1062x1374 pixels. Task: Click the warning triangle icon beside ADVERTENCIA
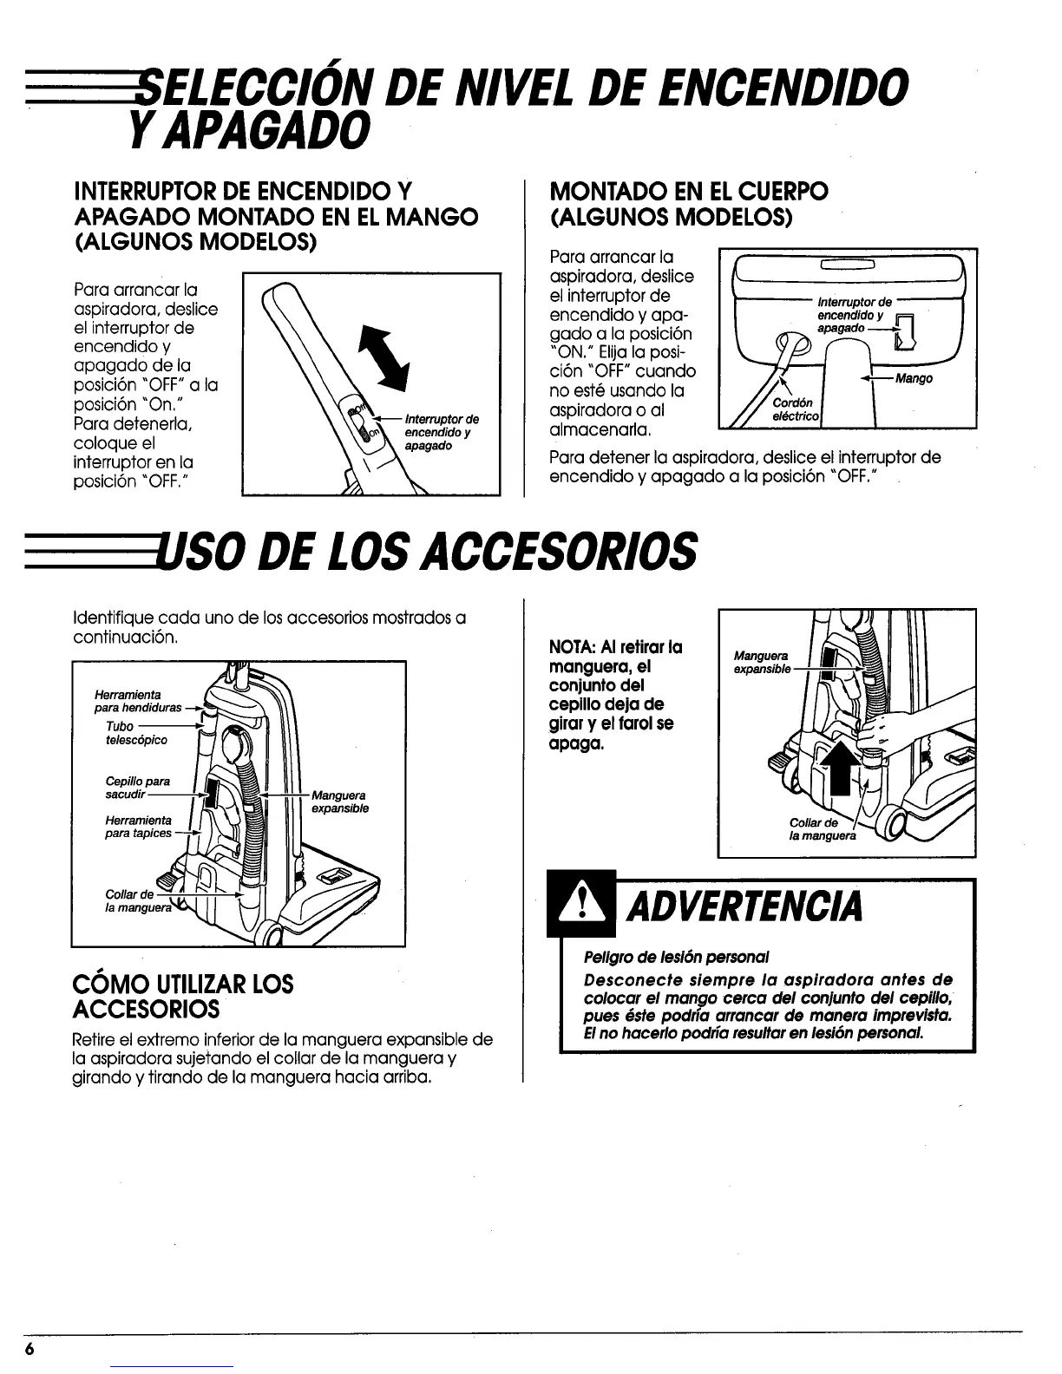(x=580, y=906)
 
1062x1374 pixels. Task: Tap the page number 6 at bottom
(x=30, y=1351)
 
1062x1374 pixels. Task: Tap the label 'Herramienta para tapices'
(x=138, y=826)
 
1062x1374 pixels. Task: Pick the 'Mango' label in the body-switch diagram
(x=915, y=379)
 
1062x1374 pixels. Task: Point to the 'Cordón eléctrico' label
(x=792, y=409)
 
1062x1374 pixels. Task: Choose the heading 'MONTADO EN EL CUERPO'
(x=689, y=191)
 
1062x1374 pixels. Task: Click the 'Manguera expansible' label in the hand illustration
(x=762, y=663)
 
